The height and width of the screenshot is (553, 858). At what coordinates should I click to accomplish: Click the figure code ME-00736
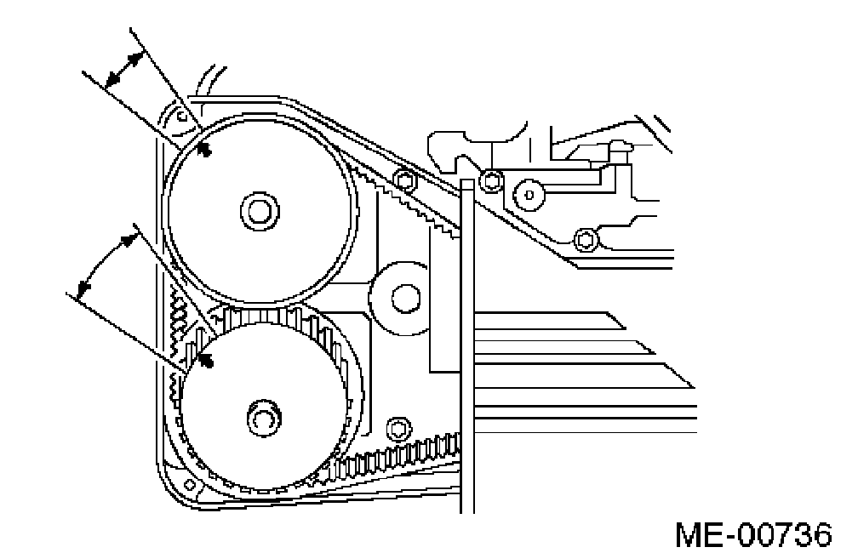tap(753, 535)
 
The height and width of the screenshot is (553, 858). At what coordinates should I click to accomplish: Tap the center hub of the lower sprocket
tap(261, 417)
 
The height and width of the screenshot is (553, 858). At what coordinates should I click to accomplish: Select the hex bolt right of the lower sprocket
tap(396, 428)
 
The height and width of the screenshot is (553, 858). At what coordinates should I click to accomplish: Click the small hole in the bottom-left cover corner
tap(191, 486)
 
